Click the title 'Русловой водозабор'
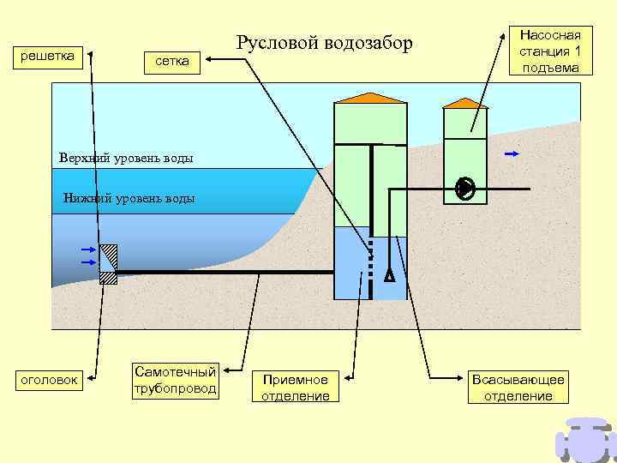324,43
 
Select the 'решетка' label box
46,57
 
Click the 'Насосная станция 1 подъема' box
550,51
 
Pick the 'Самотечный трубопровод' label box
175,380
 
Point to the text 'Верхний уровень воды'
126,158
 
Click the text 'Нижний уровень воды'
129,198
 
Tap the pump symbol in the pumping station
465,189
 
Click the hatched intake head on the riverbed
109,264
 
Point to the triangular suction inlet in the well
389,275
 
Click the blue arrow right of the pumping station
512,154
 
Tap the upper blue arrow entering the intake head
87,250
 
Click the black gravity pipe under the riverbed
223,272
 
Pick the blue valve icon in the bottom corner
586,440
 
